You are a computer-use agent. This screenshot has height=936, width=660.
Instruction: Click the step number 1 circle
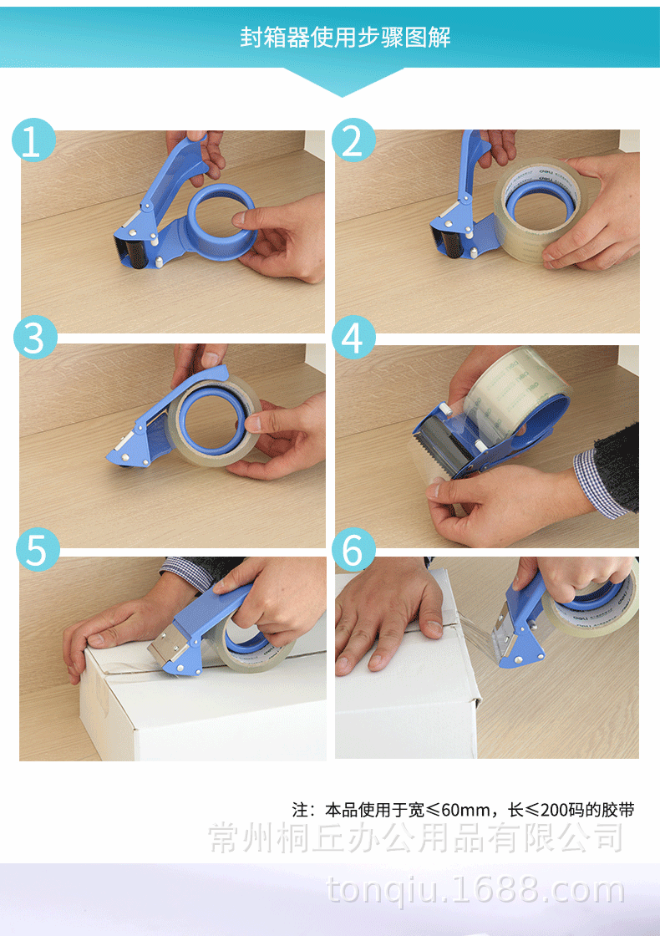click(x=33, y=140)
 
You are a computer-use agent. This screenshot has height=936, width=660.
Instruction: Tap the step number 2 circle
click(x=354, y=140)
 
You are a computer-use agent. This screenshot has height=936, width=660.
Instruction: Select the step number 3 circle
click(x=35, y=337)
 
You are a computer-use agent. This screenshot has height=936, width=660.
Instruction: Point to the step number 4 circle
click(x=354, y=338)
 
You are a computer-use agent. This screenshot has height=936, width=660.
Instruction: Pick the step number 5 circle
click(x=38, y=549)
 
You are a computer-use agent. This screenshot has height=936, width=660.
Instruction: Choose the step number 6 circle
click(x=354, y=549)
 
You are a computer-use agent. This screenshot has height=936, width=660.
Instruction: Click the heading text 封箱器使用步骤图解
click(x=345, y=37)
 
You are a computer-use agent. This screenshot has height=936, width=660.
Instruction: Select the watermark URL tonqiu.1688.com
click(x=475, y=891)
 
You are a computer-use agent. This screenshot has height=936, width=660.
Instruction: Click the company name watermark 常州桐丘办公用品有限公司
click(x=416, y=837)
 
